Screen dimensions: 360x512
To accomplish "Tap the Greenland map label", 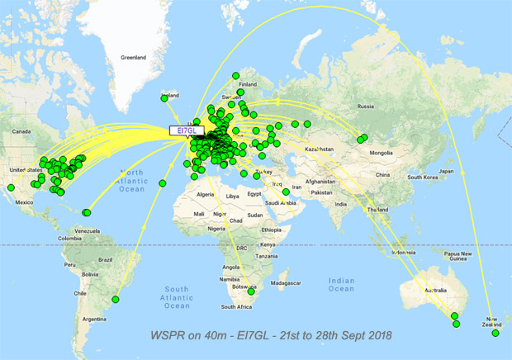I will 133,58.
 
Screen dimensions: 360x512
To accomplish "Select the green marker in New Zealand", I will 495,333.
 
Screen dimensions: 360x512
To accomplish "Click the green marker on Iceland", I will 164,99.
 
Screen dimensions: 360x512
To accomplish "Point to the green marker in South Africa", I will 251,291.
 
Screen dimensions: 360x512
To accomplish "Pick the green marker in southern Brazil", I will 116,299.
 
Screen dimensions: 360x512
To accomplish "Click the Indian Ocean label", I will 340,284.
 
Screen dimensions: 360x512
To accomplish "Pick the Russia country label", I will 365,106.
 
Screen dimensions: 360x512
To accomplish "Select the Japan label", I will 447,171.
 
